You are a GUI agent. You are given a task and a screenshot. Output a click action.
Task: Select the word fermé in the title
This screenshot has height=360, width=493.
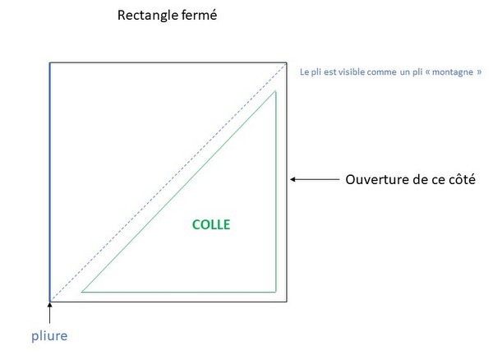198,15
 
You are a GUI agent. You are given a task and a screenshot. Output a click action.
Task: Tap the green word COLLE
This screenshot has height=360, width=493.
212,224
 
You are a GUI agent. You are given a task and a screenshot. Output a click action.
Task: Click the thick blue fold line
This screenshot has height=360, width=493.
50,181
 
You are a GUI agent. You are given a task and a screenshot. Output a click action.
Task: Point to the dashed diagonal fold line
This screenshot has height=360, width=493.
164,184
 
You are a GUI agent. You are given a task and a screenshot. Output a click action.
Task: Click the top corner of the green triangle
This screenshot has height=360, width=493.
275,91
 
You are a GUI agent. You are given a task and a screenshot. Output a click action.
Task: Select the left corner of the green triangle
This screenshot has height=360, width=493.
82,292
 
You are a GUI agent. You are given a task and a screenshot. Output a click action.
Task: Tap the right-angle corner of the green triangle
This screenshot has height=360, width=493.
275,292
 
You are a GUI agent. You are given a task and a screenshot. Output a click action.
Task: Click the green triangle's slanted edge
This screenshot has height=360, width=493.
179,192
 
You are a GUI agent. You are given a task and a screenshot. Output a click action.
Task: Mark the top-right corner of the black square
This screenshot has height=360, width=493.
287,62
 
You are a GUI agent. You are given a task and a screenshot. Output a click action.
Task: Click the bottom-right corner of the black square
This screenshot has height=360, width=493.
287,302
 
